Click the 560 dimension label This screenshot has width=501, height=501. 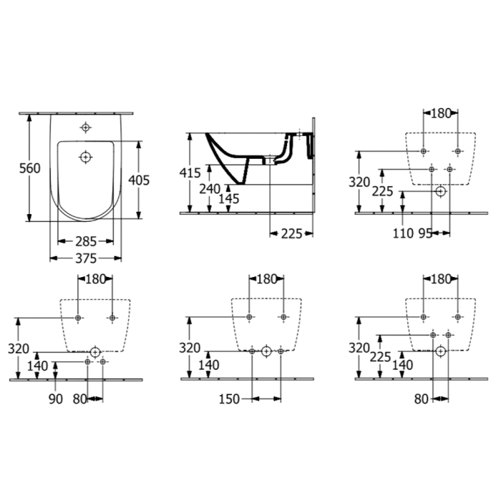click(30, 168)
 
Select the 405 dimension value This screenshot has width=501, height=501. click(139, 180)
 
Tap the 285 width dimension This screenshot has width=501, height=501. click(86, 242)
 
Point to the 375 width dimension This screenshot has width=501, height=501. click(86, 258)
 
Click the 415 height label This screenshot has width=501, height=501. click(190, 173)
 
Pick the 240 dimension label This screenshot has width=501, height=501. click(210, 189)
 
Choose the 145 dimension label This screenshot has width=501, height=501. click(229, 199)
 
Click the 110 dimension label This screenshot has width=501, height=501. click(403, 233)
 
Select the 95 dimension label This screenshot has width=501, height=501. click(425, 233)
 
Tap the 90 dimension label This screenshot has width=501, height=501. click(56, 399)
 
